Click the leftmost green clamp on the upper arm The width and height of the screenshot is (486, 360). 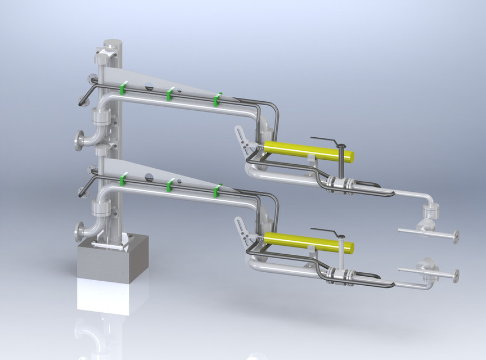[x=124, y=88]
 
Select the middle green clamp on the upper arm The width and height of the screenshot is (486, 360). [x=168, y=94]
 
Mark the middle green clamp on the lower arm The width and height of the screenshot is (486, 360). [x=169, y=186]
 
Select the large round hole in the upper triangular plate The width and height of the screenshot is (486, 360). [x=149, y=85]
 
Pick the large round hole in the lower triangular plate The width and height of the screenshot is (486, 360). [x=149, y=177]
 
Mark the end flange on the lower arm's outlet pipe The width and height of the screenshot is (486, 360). [x=456, y=275]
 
